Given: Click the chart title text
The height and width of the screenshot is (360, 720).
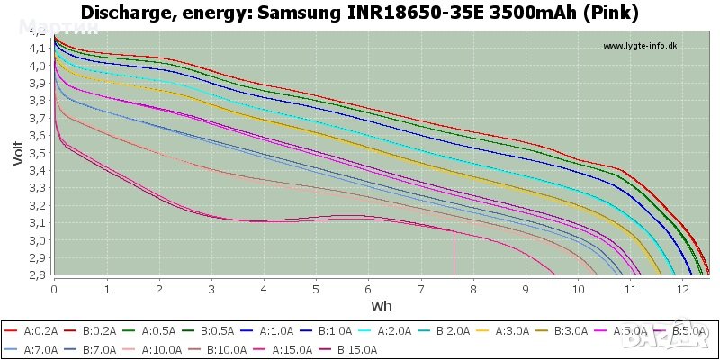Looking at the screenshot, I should coord(360,13).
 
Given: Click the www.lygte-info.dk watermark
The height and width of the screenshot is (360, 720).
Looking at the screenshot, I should coord(639,46).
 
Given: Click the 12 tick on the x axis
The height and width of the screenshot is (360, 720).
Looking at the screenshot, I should coord(685,289).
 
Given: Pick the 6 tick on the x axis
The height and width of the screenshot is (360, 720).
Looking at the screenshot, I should coord(369,289).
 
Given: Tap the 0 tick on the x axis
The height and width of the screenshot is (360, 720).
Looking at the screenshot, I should coord(55,289).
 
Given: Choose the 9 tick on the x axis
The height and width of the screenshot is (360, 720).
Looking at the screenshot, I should coord(526,289).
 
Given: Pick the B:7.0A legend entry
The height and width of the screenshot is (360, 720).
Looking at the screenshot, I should coord(99,350).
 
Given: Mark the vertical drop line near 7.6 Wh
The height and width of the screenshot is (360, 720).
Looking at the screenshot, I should coord(454,253).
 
